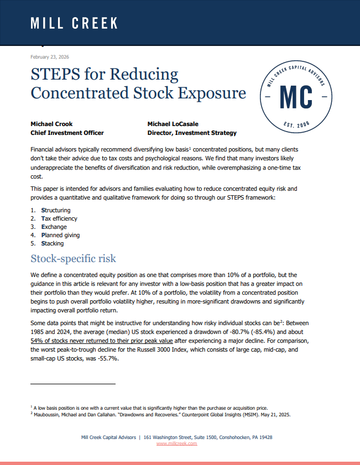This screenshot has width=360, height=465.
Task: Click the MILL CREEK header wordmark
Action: point(74,23)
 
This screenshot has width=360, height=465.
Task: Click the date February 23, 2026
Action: point(50,56)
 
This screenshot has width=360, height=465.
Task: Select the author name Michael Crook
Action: point(52,124)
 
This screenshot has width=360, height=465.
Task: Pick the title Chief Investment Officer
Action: point(67,133)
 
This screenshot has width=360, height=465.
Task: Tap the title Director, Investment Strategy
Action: point(192,133)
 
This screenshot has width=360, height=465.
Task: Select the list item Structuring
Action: point(56,210)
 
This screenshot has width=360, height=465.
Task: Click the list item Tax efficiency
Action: point(59,218)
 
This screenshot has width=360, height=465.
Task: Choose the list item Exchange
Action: point(54,227)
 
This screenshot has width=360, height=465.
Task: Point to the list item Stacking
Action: point(52,243)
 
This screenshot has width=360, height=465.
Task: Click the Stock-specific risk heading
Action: point(73,259)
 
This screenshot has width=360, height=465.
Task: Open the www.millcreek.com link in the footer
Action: point(176,443)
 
